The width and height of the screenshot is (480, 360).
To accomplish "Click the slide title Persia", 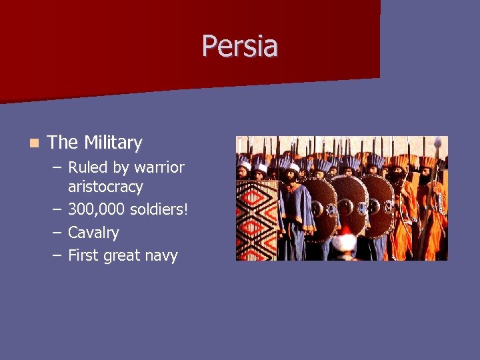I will [240, 46].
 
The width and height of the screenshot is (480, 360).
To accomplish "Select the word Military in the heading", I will [113, 143].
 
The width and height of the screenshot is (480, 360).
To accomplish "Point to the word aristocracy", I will [105, 187].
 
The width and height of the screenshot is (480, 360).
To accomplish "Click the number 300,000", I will [96, 210].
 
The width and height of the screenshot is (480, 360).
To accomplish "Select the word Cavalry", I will [93, 233].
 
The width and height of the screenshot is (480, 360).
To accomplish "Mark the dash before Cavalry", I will [56, 233].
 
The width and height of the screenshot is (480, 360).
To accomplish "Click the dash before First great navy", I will [56, 255].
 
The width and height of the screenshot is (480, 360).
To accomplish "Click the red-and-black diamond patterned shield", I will [256, 217].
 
